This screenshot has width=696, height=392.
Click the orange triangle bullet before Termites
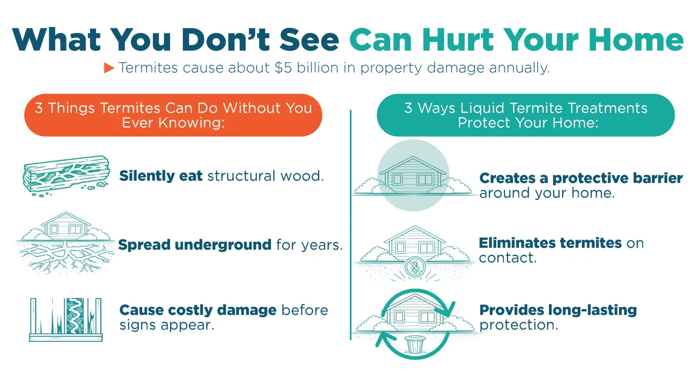pos(109,68)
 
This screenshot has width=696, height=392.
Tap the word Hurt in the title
pos(458,40)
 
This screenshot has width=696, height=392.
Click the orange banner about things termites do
pos(173,115)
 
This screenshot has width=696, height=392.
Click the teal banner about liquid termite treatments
pos(525,115)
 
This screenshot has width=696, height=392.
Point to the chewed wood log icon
pos(66,175)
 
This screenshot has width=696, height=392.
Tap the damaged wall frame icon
pos(66,320)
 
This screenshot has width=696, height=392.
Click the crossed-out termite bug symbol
pos(414,267)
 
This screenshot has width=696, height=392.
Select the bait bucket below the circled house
pos(415,345)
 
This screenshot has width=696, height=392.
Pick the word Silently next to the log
pos(147,176)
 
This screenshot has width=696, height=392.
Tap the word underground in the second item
pos(223,245)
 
